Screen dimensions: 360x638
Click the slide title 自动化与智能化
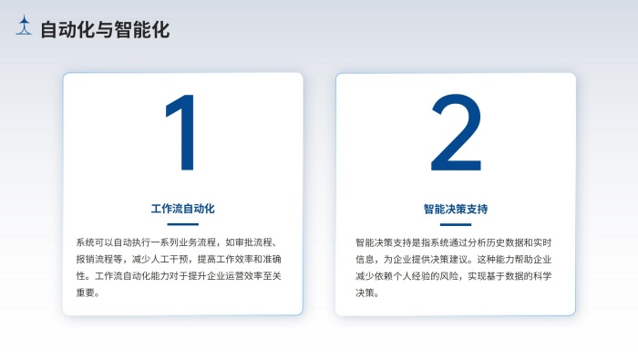click(x=105, y=30)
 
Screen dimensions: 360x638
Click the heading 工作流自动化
click(x=182, y=209)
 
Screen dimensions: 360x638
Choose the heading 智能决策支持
click(x=456, y=209)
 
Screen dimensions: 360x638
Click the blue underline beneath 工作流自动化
click(x=182, y=224)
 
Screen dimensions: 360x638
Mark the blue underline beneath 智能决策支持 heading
click(x=456, y=224)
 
